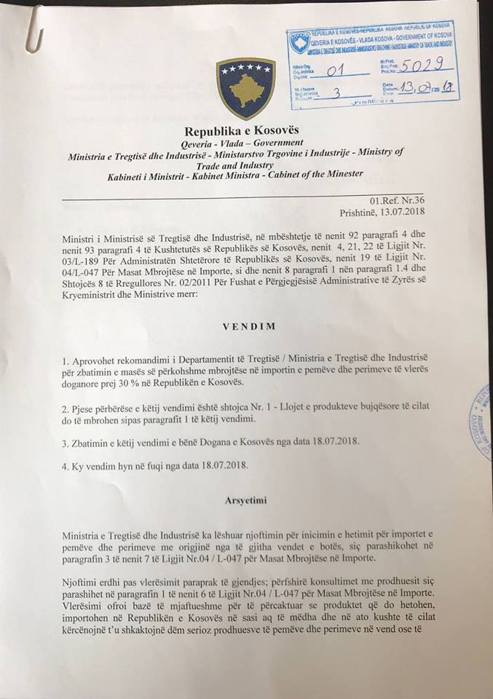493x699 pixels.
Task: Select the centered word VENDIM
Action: coord(250,326)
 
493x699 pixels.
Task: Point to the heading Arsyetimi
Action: coord(250,502)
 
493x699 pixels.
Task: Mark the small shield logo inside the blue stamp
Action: coord(299,42)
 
